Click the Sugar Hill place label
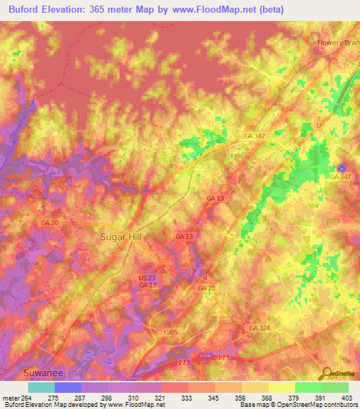coord(120,238)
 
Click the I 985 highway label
coord(170,331)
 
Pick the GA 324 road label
coord(259,328)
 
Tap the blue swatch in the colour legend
coord(68,387)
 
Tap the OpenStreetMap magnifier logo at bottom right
coord(326,372)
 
